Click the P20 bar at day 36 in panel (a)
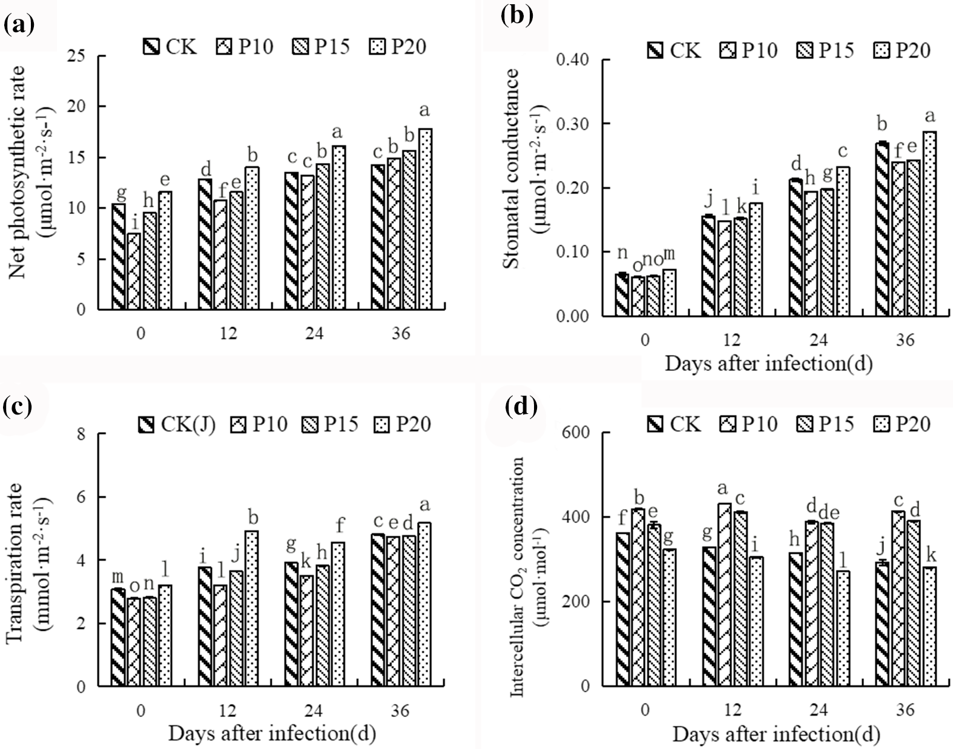pos(426,219)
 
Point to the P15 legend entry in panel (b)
pos(828,50)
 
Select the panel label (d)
pos(521,407)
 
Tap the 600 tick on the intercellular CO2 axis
pos(577,432)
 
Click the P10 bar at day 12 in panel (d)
pos(724,594)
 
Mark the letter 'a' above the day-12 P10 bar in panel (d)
pos(722,488)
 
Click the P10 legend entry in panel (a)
pos(244,47)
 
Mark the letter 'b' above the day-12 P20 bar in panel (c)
pos(254,518)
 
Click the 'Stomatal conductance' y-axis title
pos(512,168)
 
